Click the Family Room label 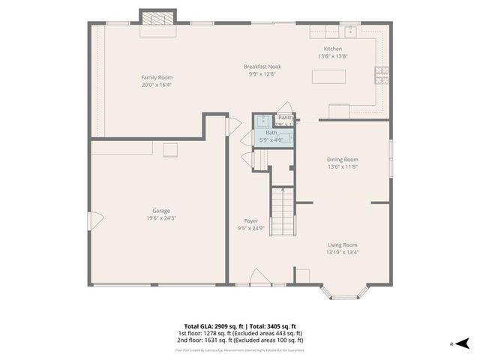pyautogui.click(x=157, y=77)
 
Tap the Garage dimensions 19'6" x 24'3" pyautogui.click(x=161, y=218)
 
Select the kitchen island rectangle pyautogui.click(x=330, y=78)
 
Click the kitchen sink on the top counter pyautogui.click(x=350, y=31)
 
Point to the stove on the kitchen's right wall pyautogui.click(x=382, y=73)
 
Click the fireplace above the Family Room pyautogui.click(x=157, y=19)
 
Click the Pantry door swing pyautogui.click(x=285, y=109)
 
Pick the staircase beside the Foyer pyautogui.click(x=280, y=210)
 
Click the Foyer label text pyautogui.click(x=251, y=220)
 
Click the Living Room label pyautogui.click(x=342, y=244)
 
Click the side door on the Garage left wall pyautogui.click(x=94, y=221)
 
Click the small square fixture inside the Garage pyautogui.click(x=170, y=149)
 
